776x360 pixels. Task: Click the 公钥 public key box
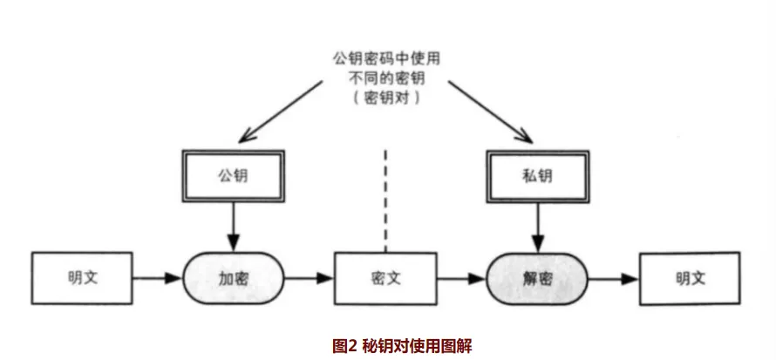233,177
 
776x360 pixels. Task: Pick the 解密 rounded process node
534,279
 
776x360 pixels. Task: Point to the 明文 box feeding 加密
82,279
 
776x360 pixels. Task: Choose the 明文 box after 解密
690,279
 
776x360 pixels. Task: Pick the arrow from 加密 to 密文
310,279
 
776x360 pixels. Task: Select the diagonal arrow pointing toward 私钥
488,109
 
